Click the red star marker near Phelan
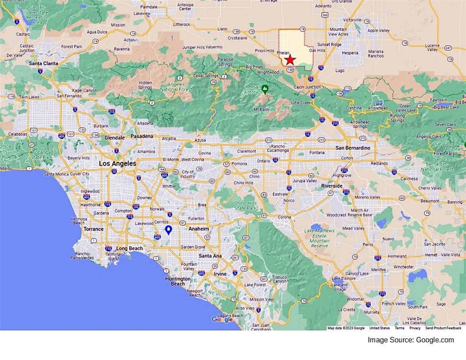[x=290, y=60]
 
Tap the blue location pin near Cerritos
[x=169, y=230]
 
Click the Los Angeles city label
[x=118, y=164]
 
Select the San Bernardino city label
[x=353, y=148]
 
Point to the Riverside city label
[x=332, y=186]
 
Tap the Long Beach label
[x=129, y=248]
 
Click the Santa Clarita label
[x=43, y=63]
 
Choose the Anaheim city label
[x=199, y=229]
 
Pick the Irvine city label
[x=220, y=274]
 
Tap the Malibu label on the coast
[x=6, y=169]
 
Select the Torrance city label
[x=94, y=229]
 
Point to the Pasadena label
[x=141, y=137]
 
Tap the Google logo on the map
[x=222, y=319]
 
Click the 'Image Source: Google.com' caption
[x=411, y=340]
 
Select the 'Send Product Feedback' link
[x=443, y=328]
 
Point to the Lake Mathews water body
[x=316, y=227]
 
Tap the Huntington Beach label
[x=178, y=281]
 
